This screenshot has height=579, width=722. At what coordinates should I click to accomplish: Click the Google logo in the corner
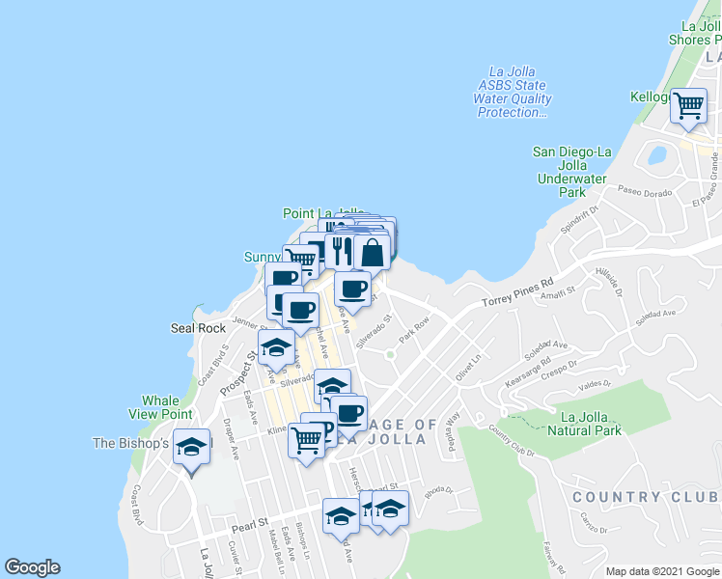click(x=32, y=567)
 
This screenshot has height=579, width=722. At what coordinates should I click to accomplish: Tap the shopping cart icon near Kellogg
click(x=688, y=106)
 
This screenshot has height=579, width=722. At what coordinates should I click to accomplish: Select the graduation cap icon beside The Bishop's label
click(x=191, y=449)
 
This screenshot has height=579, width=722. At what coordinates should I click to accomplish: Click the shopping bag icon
click(x=372, y=253)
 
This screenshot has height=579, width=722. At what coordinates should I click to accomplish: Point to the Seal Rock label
click(x=197, y=328)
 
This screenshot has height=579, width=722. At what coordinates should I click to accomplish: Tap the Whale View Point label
click(x=160, y=407)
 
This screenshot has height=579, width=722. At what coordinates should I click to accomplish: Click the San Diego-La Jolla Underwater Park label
click(x=573, y=172)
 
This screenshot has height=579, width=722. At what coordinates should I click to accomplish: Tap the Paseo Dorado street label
click(x=644, y=191)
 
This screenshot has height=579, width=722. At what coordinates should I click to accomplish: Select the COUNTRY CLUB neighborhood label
click(x=646, y=497)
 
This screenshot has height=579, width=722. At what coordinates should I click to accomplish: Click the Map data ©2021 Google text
click(x=662, y=571)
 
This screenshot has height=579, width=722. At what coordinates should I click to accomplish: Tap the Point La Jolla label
click(x=323, y=213)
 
